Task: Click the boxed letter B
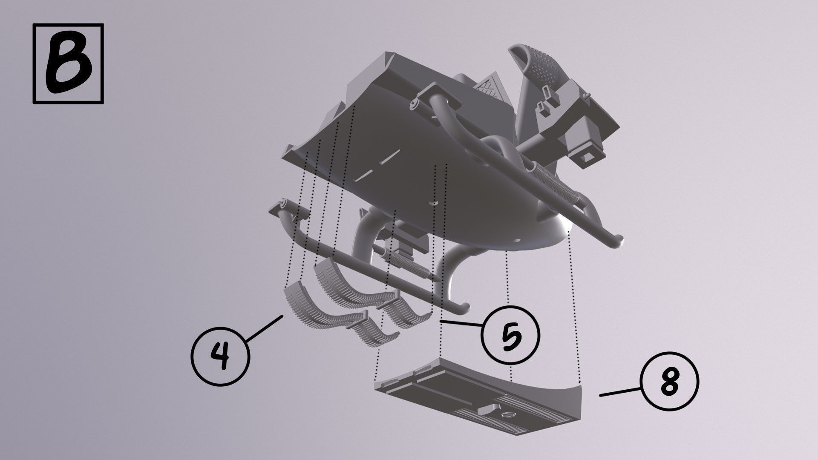68,64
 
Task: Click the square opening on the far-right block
590,156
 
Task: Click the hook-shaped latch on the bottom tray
488,410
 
